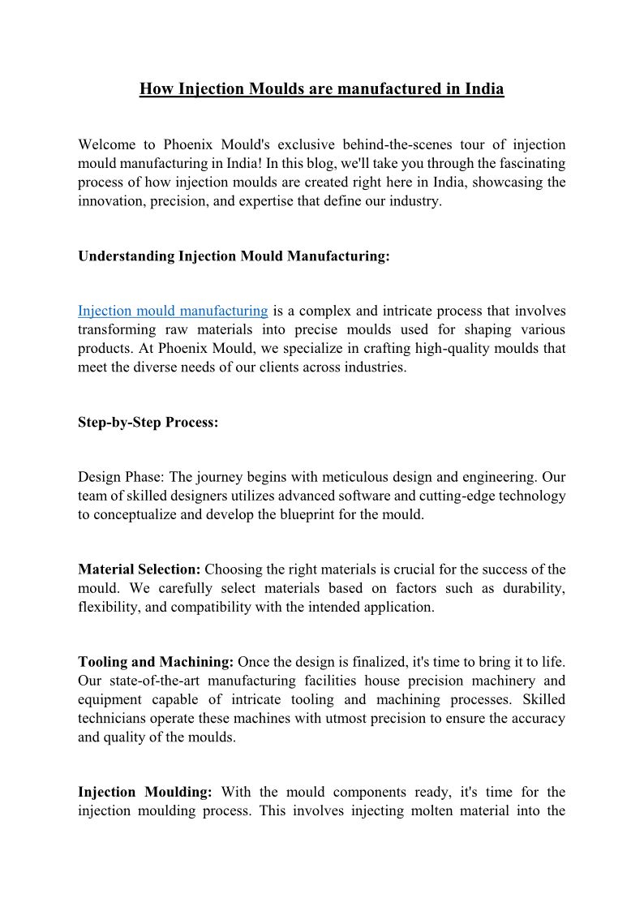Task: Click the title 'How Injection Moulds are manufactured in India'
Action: click(321, 88)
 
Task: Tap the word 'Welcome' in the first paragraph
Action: click(105, 144)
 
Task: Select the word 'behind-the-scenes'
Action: click(388, 144)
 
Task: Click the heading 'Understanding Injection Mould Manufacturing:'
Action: click(234, 256)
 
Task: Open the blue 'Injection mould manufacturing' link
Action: click(173, 311)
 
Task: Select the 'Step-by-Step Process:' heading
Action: click(148, 423)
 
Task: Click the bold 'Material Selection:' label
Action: click(140, 569)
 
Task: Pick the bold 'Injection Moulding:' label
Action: click(144, 792)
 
